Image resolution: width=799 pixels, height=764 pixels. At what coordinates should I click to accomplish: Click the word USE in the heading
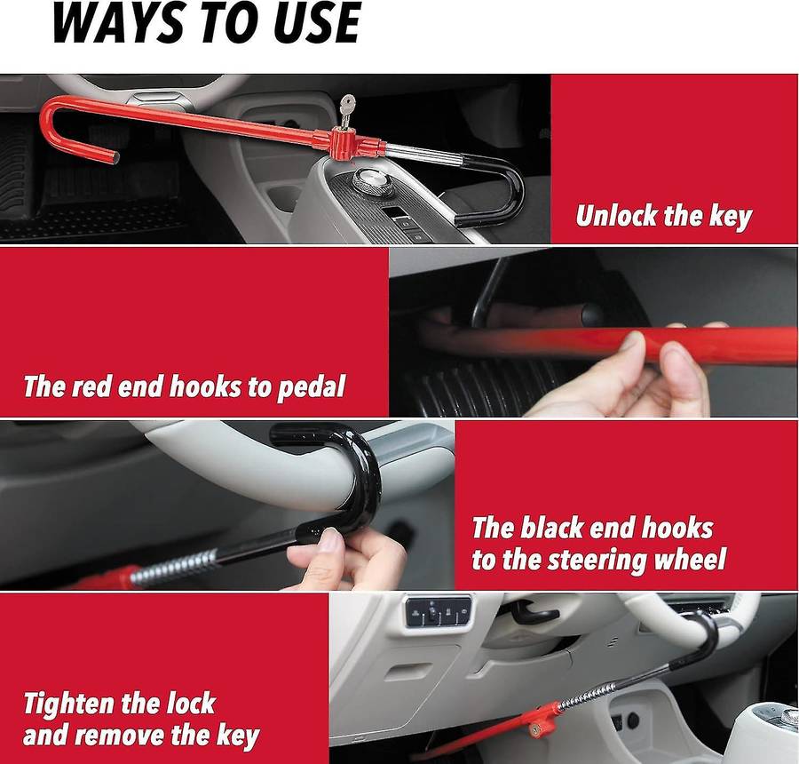(x=314, y=23)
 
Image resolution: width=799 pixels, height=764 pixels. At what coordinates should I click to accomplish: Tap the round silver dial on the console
(x=373, y=181)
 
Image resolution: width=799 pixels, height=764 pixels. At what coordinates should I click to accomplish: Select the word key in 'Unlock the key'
(x=731, y=216)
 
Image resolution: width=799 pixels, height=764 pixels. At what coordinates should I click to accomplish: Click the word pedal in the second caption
(x=311, y=386)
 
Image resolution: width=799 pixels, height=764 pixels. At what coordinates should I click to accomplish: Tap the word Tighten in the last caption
(x=69, y=704)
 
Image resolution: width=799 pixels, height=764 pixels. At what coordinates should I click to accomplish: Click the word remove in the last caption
(x=128, y=736)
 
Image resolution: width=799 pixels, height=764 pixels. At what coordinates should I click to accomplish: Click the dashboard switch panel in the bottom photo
(x=438, y=611)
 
